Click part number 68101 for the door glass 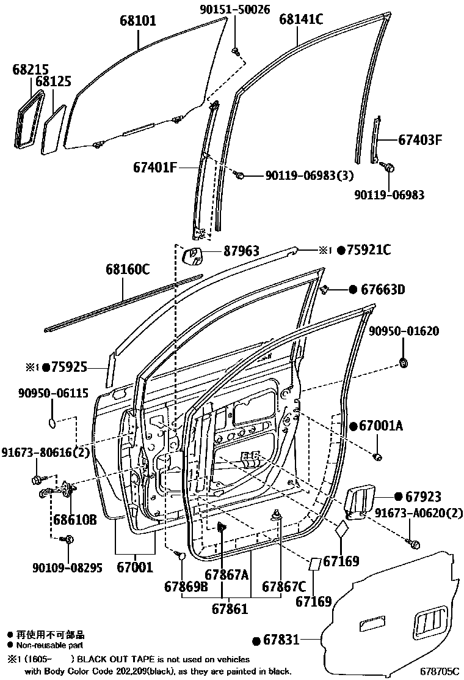137,21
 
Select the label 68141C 301,19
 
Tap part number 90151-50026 235,10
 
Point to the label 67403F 411,139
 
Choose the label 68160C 127,269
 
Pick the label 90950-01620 404,331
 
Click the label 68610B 74,520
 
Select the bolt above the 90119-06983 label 389,166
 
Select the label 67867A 227,574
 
